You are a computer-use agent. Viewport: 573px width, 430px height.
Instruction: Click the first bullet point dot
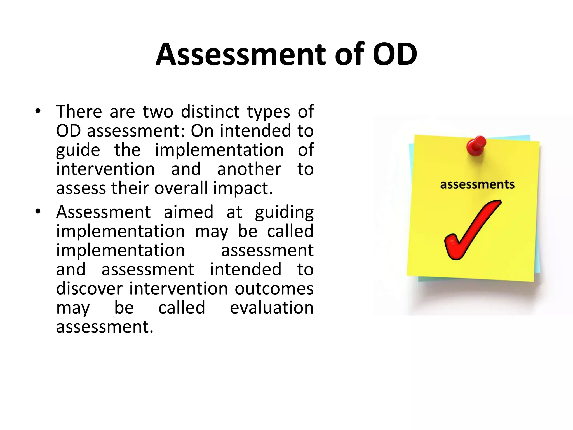[x=38, y=111]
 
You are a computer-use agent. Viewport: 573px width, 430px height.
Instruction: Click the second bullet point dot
[x=38, y=212]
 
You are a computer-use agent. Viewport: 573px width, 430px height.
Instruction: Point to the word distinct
[x=210, y=112]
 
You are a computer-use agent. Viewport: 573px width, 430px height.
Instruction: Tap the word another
[x=249, y=169]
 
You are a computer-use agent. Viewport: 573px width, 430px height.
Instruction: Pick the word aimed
[x=189, y=212]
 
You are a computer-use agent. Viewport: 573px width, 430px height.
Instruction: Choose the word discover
[x=89, y=288]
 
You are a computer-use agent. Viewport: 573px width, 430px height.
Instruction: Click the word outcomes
[x=274, y=288]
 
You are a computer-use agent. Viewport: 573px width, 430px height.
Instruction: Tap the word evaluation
[x=271, y=307]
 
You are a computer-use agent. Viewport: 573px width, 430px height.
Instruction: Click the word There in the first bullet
[x=79, y=112]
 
